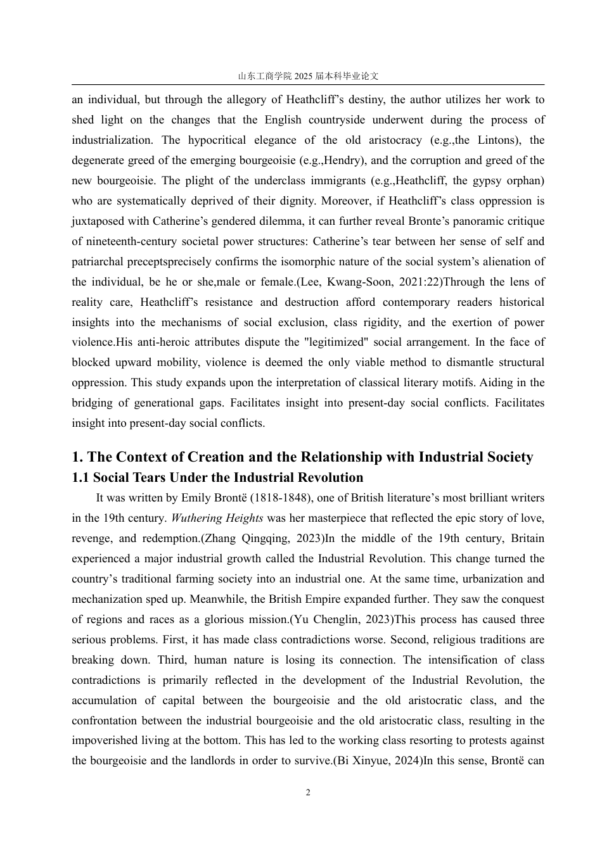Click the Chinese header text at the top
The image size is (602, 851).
pyautogui.click(x=308, y=76)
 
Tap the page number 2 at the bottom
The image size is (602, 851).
pyautogui.click(x=308, y=792)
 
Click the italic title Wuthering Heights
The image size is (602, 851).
pyautogui.click(x=217, y=518)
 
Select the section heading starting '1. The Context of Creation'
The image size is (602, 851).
pyautogui.click(x=302, y=457)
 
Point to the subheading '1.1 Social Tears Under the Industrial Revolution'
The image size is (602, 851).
pyautogui.click(x=217, y=477)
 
